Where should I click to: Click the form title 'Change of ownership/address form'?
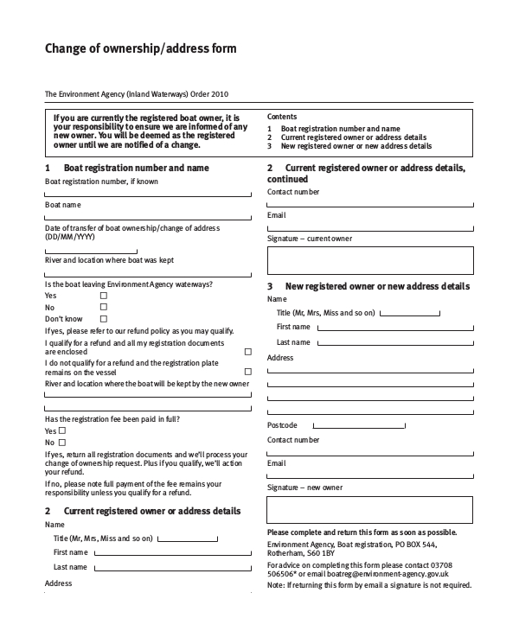[140, 49]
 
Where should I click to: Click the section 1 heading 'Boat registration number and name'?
[136, 168]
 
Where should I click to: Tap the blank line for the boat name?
[147, 218]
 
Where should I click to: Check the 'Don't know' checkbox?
[104, 319]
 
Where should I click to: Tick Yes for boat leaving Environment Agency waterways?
[104, 296]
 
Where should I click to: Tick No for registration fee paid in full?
[62, 443]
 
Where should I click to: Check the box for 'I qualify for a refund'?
[248, 352]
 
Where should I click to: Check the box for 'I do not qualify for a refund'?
[248, 372]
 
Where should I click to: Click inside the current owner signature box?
[370, 260]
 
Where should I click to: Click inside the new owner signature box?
[370, 510]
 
